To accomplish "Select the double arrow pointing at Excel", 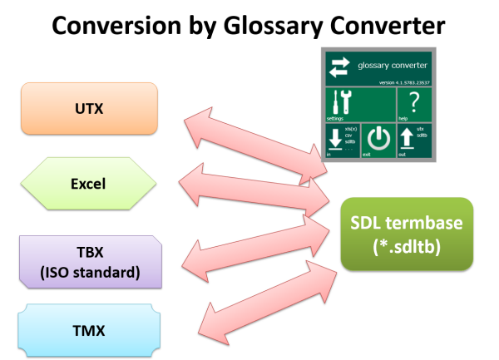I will pyautogui.click(x=259, y=185).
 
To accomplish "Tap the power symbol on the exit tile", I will pyautogui.click(x=378, y=140).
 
